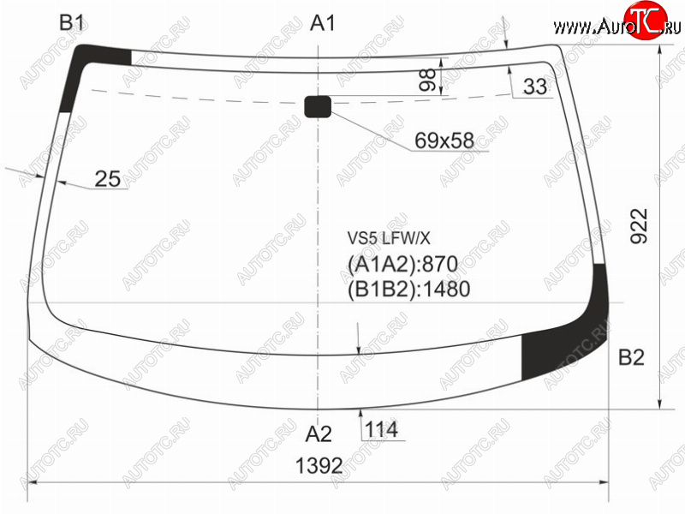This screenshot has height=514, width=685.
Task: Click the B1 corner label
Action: (71, 22)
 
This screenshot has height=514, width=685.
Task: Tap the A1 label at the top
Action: (323, 23)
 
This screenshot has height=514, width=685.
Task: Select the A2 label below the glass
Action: (319, 434)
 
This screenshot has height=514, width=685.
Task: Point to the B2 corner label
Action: (631, 357)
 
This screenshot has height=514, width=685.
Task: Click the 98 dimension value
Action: (427, 80)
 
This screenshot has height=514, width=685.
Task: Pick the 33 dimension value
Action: (535, 87)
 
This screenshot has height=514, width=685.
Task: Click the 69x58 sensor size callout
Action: (444, 140)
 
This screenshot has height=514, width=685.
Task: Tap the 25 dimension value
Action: (108, 179)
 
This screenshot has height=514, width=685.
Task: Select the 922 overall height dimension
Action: (639, 225)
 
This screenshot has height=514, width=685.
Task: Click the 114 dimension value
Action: (381, 430)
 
